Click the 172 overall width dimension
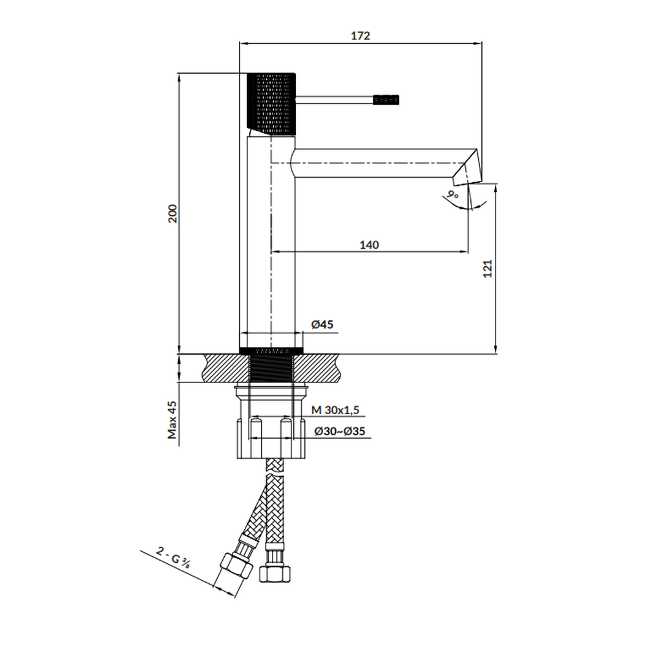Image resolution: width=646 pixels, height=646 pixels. pyautogui.click(x=360, y=36)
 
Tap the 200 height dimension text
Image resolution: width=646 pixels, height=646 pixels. pyautogui.click(x=172, y=213)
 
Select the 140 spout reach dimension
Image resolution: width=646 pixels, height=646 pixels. pyautogui.click(x=369, y=245)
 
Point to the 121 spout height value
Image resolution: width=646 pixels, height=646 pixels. pyautogui.click(x=487, y=269)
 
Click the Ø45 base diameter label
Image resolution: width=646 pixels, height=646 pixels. pyautogui.click(x=322, y=325)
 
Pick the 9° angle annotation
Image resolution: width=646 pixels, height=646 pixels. pyautogui.click(x=453, y=194)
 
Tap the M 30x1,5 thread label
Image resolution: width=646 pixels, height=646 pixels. pyautogui.click(x=335, y=410)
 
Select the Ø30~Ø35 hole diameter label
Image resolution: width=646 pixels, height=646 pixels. pyautogui.click(x=340, y=432)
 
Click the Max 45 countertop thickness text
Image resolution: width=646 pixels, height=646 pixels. pyautogui.click(x=172, y=420)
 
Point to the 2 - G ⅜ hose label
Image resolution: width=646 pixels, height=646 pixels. pyautogui.click(x=173, y=557)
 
